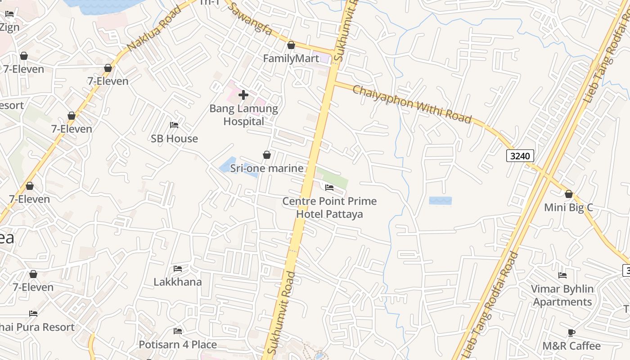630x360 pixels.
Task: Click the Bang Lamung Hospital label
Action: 243,115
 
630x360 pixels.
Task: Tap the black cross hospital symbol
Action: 243,94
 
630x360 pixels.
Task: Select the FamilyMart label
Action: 291,58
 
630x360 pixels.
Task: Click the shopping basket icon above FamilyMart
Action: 291,45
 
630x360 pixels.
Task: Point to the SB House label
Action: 174,139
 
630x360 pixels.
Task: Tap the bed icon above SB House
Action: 174,125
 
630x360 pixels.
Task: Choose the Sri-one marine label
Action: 266,168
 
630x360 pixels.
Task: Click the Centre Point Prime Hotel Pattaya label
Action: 329,207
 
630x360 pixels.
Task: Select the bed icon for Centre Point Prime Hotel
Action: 329,188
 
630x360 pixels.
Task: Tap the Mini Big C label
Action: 568,207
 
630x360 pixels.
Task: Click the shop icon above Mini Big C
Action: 569,194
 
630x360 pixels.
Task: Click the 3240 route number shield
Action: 520,156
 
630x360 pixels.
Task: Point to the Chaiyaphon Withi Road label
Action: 411,104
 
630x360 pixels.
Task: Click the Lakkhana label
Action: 177,282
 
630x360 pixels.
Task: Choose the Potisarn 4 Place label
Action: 177,345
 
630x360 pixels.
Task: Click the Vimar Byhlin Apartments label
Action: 562,295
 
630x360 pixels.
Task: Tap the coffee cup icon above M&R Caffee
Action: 571,333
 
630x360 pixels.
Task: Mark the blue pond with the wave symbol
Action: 440,201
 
